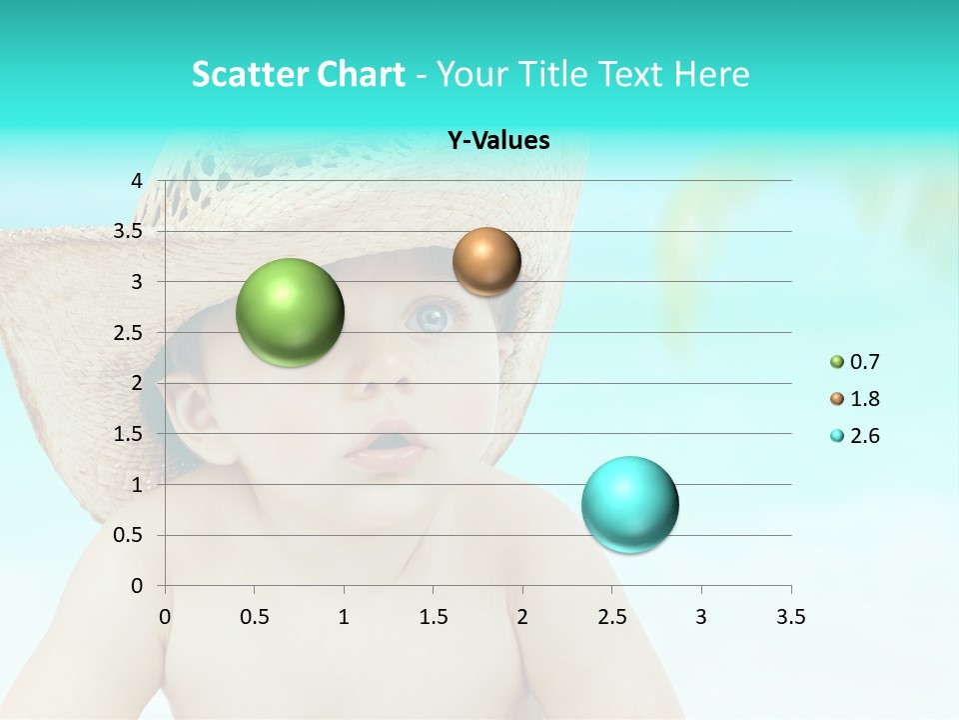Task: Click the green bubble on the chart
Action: pos(290,312)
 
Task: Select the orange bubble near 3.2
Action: pos(486,261)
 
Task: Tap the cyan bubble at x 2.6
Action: pos(629,503)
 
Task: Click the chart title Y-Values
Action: pos(498,141)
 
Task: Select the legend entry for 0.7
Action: pos(855,362)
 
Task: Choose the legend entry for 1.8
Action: pos(855,399)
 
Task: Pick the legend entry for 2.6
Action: pos(855,436)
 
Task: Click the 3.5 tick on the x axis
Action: pos(790,617)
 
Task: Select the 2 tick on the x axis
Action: pos(522,617)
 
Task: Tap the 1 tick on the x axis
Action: pos(344,617)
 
